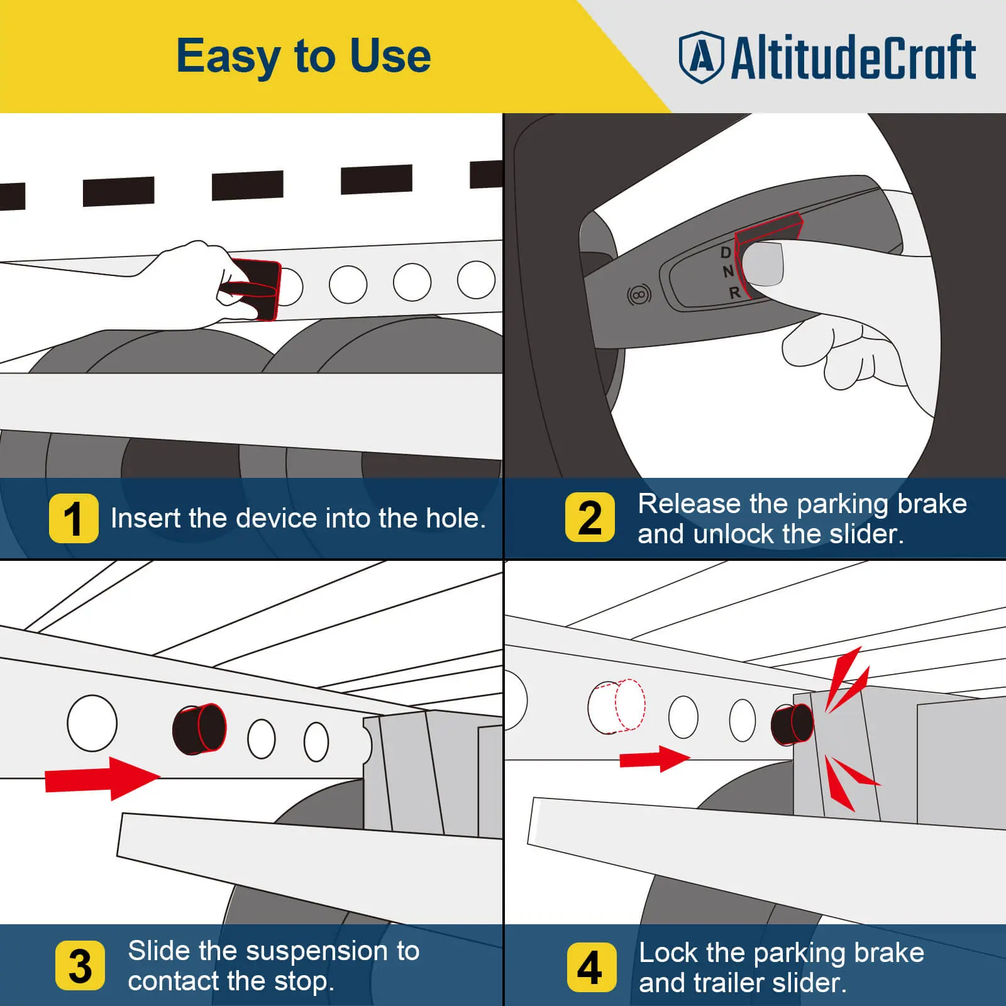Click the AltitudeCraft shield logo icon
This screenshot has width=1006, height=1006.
pyautogui.click(x=702, y=57)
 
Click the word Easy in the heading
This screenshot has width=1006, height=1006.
pyautogui.click(x=228, y=57)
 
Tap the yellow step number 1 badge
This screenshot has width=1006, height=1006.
pyautogui.click(x=74, y=518)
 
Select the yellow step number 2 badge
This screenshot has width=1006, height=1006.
pyautogui.click(x=590, y=517)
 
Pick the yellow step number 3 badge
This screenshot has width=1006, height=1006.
pyautogui.click(x=80, y=965)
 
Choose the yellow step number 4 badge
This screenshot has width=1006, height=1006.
pyautogui.click(x=591, y=967)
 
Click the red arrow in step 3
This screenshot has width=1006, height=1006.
pyautogui.click(x=103, y=778)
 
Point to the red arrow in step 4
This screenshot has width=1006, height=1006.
pyautogui.click(x=655, y=759)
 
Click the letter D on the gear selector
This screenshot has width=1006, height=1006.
pyautogui.click(x=726, y=253)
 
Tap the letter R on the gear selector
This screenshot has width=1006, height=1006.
pyautogui.click(x=735, y=292)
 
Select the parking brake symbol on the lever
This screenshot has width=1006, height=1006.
pyautogui.click(x=639, y=294)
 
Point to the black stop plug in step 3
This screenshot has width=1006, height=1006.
pyautogui.click(x=199, y=728)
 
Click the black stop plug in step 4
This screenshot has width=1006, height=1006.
pyautogui.click(x=792, y=724)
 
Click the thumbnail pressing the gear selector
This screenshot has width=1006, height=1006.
pyautogui.click(x=762, y=264)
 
